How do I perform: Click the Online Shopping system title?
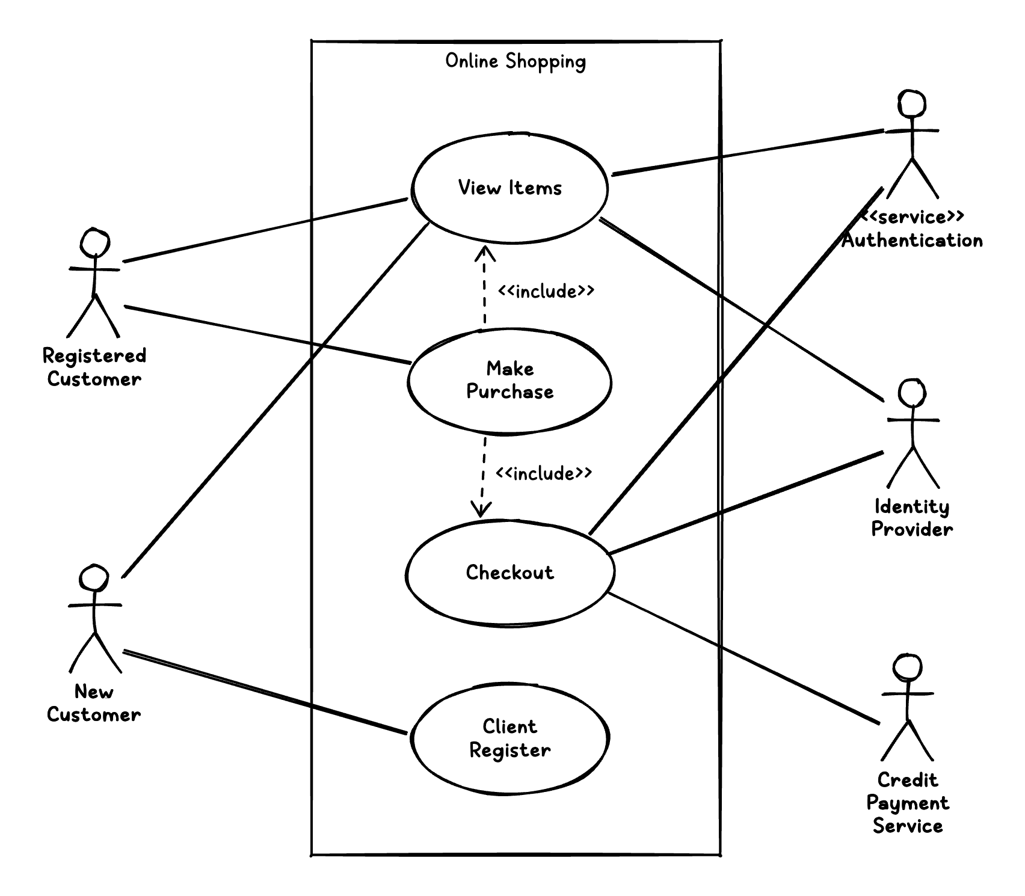tap(516, 61)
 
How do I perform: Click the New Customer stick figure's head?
tap(94, 578)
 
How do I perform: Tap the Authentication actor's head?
tap(912, 104)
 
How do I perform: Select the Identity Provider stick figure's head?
tap(912, 394)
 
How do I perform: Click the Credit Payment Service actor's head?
tap(907, 667)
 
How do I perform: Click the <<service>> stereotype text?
tap(912, 216)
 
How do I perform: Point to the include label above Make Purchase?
tap(546, 292)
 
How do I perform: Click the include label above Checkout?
tap(544, 474)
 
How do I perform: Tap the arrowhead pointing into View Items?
tap(485, 251)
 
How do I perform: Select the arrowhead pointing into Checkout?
tap(481, 511)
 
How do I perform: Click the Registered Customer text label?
tap(94, 367)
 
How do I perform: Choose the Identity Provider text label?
tap(912, 518)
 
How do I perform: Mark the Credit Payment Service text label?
tap(907, 803)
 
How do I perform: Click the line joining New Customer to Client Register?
tap(265, 692)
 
